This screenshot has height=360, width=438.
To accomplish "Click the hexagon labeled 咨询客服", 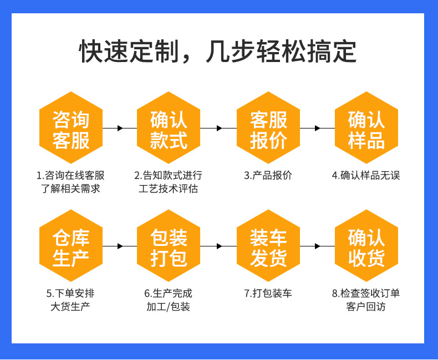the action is pos(71,128).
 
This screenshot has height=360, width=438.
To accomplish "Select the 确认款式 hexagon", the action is pos(169,128).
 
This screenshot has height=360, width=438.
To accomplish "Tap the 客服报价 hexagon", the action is pos(268,128).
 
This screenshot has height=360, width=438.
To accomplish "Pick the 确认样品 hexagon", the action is pos(366,128).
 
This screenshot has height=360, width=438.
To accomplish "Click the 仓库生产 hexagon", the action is pos(71,246).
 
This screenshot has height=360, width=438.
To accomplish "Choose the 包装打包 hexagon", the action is pos(169,246).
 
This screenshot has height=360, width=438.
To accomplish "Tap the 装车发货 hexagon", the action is pos(268,246).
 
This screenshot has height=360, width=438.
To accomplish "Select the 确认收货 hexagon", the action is pos(366,246).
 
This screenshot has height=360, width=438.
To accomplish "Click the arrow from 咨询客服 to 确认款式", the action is pos(120,128).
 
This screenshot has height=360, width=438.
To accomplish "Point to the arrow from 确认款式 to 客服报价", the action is pos(219,128).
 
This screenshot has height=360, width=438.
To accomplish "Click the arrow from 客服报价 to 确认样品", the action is pos(317,128).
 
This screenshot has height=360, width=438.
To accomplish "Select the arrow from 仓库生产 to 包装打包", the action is pos(120,246).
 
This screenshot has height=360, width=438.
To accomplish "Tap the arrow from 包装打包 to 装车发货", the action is pos(219,246).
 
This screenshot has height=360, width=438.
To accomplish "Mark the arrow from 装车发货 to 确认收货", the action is pos(317,246).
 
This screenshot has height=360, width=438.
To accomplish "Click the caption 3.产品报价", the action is pos(268,176).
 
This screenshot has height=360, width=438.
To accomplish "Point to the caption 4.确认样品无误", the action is pos(366,176).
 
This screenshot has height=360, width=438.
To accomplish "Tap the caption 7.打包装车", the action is pos(268,293).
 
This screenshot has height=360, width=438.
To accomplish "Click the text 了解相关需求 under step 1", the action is pos(71,189).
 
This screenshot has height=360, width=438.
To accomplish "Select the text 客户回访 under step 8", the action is pos(366,306).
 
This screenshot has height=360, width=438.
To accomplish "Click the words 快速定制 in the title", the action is pos(127,52).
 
